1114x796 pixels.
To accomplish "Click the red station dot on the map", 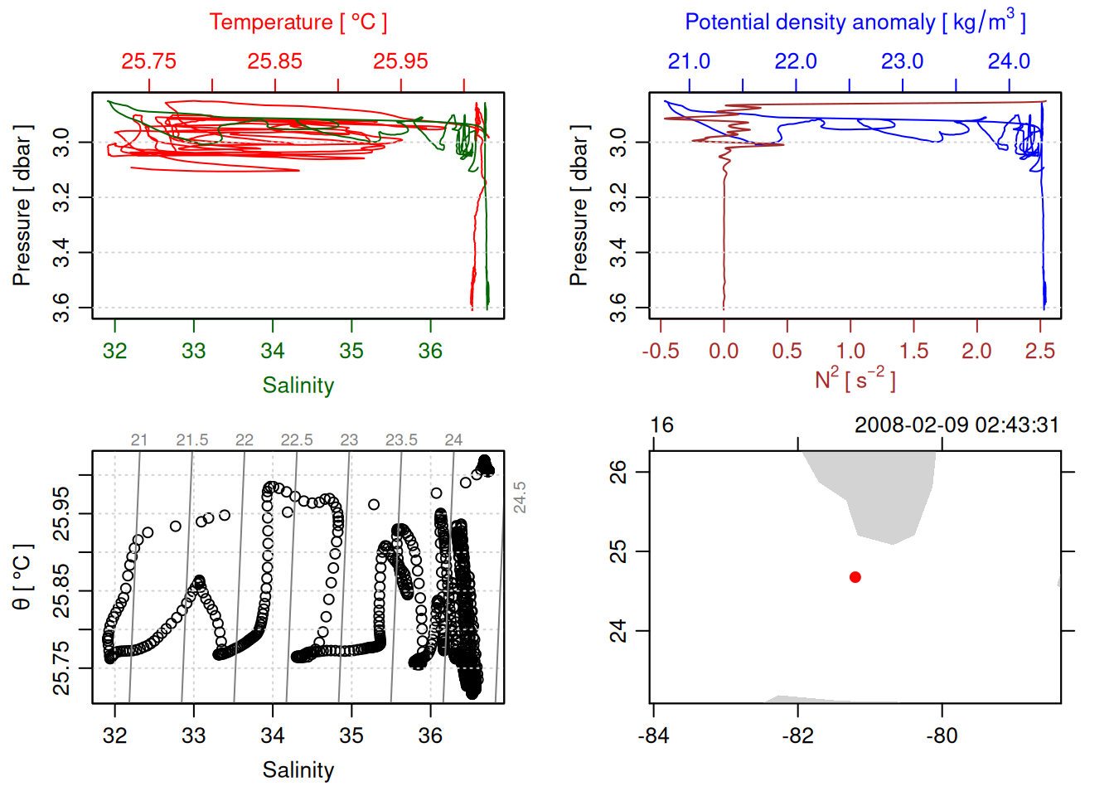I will tap(855, 577).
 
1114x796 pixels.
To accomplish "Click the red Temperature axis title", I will tap(298, 22).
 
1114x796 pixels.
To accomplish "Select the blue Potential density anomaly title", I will tap(855, 22).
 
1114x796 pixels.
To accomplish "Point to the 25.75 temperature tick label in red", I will tap(149, 61).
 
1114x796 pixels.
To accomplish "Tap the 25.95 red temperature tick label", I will tap(401, 61).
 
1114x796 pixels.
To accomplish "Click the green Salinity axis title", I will tap(298, 386).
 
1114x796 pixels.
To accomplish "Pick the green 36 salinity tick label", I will tap(430, 352).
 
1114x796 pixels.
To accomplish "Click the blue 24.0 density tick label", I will tap(1009, 61).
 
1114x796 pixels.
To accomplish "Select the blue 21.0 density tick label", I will tap(690, 61).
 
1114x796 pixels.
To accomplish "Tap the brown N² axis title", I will tap(855, 380).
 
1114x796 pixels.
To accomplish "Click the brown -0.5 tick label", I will tap(661, 352).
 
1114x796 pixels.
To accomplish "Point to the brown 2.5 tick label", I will tap(1040, 352).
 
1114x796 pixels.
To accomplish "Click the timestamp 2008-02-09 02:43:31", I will tap(957, 425).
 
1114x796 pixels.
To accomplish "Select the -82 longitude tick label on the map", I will tap(798, 735).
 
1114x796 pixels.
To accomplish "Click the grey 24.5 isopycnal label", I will tap(520, 498).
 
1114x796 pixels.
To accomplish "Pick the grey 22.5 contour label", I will tap(297, 440).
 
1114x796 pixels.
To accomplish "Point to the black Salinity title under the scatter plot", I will tap(298, 770).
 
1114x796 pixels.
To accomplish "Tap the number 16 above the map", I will tap(661, 425).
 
